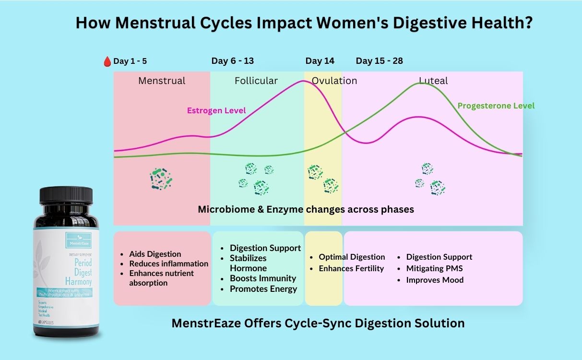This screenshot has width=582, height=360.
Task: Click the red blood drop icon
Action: click(107, 61)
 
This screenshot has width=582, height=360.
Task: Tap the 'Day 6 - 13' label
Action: click(233, 61)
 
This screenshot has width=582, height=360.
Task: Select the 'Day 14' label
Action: click(320, 61)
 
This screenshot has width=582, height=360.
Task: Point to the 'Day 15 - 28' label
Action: click(379, 61)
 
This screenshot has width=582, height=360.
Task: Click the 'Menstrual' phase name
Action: click(162, 81)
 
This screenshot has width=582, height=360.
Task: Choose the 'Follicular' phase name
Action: click(256, 81)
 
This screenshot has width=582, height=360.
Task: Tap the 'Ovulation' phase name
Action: click(334, 81)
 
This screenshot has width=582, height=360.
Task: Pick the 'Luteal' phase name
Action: click(433, 81)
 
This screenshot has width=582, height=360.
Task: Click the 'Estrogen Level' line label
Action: click(216, 111)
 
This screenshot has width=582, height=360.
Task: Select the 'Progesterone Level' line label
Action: click(496, 106)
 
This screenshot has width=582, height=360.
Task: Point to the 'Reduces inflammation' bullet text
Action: click(168, 264)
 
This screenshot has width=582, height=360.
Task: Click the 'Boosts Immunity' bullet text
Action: click(263, 278)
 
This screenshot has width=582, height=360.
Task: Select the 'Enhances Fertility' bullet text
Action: click(351, 268)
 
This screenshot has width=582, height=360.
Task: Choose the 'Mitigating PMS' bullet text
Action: click(434, 268)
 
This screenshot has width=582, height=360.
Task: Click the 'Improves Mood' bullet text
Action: click(435, 280)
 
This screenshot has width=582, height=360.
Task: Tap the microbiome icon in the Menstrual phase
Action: click(161, 179)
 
